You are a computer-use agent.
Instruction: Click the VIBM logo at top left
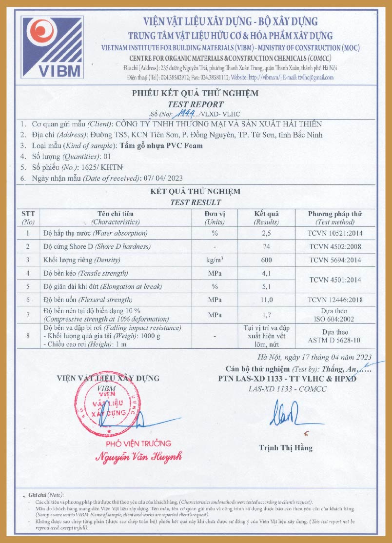pos(52,48)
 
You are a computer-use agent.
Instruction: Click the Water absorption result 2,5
pos(266,233)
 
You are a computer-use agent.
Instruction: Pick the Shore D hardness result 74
pos(266,246)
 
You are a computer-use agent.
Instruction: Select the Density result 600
pos(266,260)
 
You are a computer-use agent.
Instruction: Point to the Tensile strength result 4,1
pos(266,273)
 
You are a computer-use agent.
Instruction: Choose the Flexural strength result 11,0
pos(266,300)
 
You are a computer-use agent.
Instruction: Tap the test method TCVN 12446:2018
pos(335,300)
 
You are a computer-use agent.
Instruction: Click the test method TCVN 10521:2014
pos(335,233)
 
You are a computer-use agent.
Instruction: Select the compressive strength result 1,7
pos(266,315)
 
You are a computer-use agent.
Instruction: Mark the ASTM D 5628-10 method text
pos(335,340)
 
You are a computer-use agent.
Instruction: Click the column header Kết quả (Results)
pos(266,218)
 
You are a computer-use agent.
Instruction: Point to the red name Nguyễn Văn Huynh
pos(138,457)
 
